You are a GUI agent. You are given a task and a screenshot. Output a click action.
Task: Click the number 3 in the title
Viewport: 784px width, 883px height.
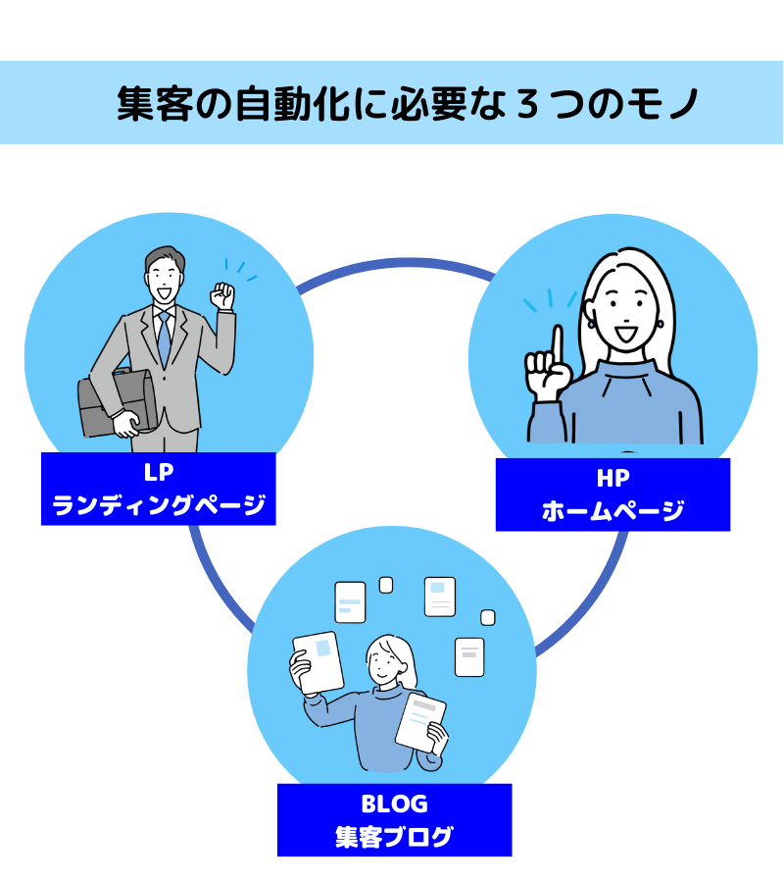pos(527,104)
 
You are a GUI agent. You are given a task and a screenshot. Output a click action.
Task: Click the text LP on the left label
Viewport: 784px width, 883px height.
pos(159,473)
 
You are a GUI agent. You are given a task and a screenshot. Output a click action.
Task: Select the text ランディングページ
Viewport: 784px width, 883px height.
pos(159,504)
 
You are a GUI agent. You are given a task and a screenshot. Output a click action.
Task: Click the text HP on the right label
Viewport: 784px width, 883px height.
pos(613,478)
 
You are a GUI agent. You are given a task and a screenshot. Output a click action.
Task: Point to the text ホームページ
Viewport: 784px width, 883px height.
pos(613,510)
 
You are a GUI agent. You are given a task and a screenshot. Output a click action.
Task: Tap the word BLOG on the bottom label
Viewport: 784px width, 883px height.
pos(394,804)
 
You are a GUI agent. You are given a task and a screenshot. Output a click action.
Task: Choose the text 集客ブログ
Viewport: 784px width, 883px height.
pos(394,836)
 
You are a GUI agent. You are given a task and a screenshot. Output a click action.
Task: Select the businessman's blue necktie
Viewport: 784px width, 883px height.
pos(165,339)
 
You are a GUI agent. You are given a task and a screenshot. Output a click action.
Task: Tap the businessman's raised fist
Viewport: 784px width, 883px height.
pos(222,295)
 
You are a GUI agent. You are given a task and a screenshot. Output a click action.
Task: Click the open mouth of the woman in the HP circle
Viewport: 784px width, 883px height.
pos(625,334)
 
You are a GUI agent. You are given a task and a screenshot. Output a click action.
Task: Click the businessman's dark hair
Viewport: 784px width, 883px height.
pos(165,259)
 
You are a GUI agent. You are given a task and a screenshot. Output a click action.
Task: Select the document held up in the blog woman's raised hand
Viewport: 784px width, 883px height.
pos(318,662)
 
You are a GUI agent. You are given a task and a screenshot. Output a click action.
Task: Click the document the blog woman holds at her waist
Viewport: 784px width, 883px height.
pos(420,722)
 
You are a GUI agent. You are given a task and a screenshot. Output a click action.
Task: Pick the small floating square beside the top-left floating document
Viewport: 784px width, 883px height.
pos(386,585)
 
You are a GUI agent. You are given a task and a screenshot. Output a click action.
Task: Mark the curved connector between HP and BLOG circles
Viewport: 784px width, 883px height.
pos(592,606)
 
